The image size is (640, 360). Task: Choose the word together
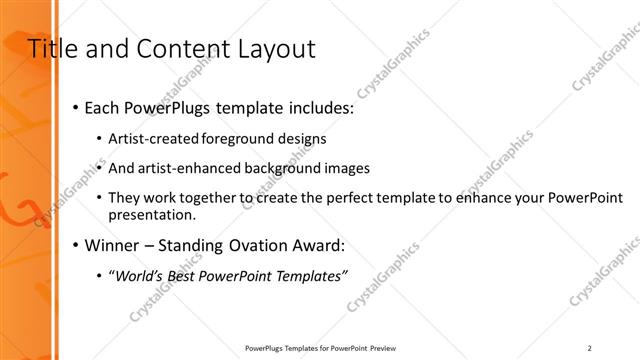208,198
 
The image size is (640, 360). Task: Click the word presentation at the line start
152,215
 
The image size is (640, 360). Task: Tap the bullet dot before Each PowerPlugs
75,108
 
